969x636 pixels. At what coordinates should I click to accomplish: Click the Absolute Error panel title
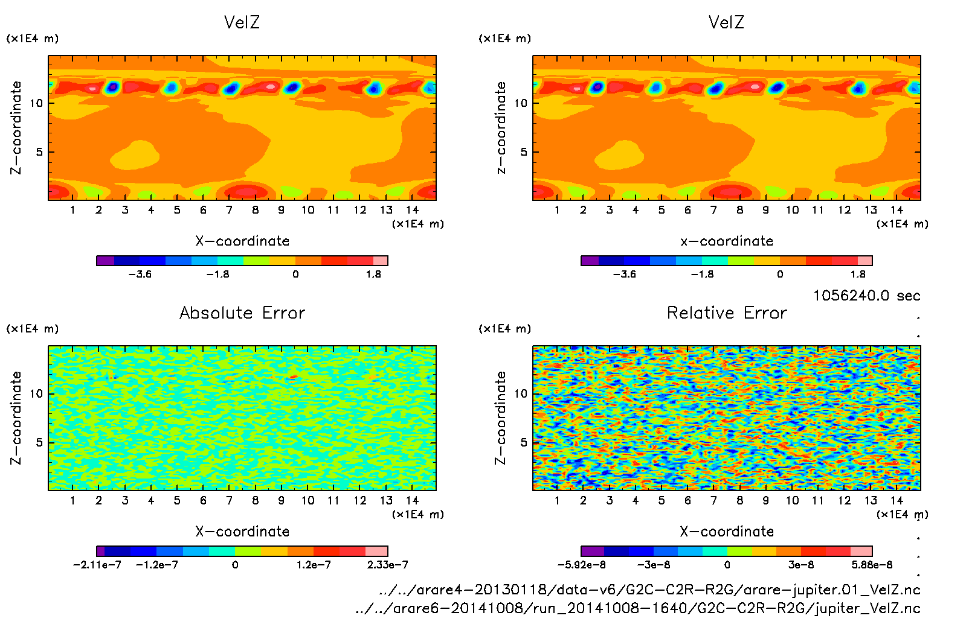pyautogui.click(x=242, y=313)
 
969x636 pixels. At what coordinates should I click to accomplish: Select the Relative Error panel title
pyautogui.click(x=727, y=313)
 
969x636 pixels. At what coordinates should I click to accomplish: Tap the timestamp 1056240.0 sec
pyautogui.click(x=866, y=296)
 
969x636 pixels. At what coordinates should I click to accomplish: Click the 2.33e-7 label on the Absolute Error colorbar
pyautogui.click(x=387, y=565)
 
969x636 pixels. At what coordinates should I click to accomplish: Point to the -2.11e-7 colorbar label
pyautogui.click(x=97, y=565)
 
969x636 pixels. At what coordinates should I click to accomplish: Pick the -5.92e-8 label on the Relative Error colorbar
pyautogui.click(x=581, y=565)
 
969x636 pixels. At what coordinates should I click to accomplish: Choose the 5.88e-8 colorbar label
pyautogui.click(x=872, y=565)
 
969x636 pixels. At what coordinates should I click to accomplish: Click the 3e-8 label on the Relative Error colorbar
pyautogui.click(x=800, y=565)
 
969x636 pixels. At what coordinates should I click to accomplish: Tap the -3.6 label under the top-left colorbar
pyautogui.click(x=140, y=274)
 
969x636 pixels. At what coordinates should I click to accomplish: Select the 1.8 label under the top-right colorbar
pyautogui.click(x=858, y=274)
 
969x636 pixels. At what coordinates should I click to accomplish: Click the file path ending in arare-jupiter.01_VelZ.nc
pyautogui.click(x=649, y=590)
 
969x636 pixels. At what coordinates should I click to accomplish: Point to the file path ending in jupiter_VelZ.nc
pyautogui.click(x=637, y=608)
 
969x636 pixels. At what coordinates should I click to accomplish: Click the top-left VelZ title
pyautogui.click(x=242, y=22)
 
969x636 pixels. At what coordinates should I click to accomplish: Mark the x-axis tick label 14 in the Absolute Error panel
pyautogui.click(x=412, y=500)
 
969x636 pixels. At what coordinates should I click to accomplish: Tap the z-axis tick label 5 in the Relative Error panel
pyautogui.click(x=523, y=442)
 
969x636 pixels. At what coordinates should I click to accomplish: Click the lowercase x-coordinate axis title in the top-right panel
pyautogui.click(x=727, y=241)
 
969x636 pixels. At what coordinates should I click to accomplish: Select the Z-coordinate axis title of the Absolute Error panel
pyautogui.click(x=16, y=418)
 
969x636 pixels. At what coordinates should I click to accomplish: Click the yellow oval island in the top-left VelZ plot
pyautogui.click(x=135, y=154)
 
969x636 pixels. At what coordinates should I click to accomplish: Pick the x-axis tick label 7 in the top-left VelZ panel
pyautogui.click(x=229, y=210)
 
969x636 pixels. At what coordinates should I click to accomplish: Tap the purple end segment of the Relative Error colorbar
pyautogui.click(x=592, y=551)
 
